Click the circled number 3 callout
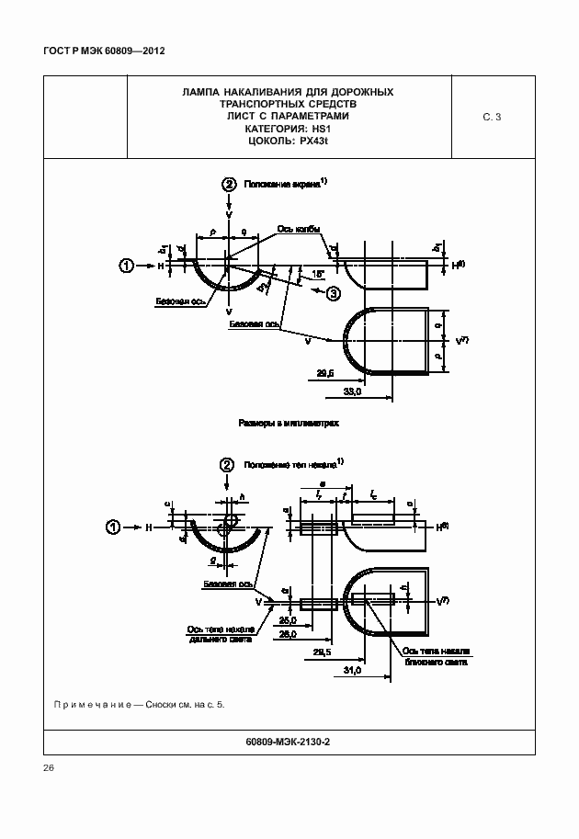point(334,293)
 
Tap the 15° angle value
point(319,274)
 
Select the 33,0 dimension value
point(352,392)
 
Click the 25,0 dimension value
point(288,619)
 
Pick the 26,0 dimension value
point(288,634)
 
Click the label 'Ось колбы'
point(297,228)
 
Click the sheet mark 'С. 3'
point(492,117)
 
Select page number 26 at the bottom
point(49,767)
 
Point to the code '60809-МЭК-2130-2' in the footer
point(289,740)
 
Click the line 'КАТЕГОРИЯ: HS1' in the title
point(289,130)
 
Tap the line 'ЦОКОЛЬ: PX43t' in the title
point(289,142)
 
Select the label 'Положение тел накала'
point(288,465)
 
